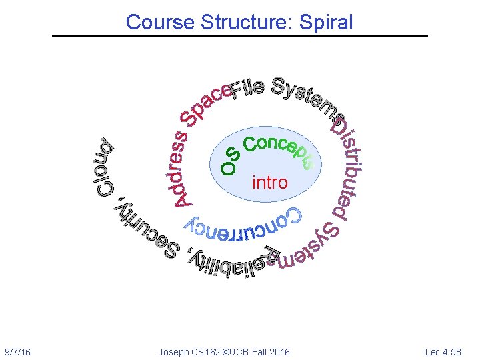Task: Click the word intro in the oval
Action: [270, 182]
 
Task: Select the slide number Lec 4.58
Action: [443, 351]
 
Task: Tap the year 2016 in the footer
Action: [279, 351]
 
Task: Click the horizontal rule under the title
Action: [240, 35]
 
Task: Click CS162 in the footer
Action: [207, 351]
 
